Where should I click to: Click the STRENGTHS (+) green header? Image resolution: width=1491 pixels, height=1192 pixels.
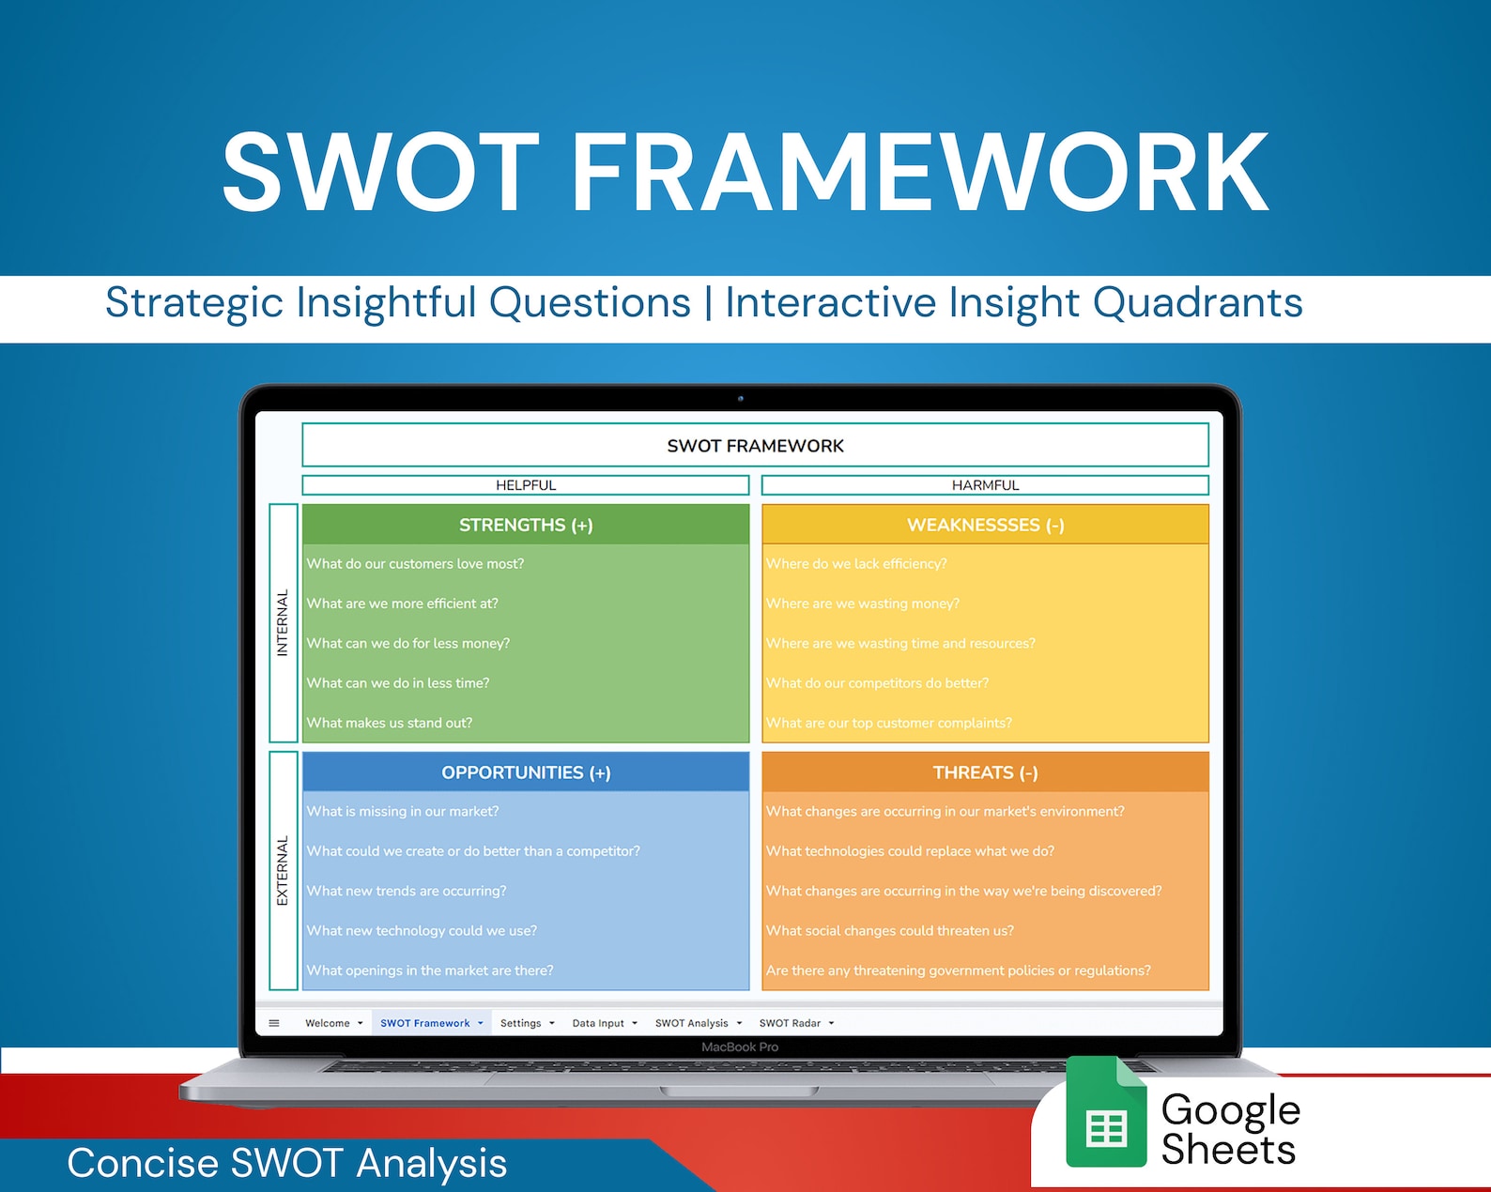(x=526, y=525)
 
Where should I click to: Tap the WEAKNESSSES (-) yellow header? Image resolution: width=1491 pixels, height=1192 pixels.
(x=985, y=525)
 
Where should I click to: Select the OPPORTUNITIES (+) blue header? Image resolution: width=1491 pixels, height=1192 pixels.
(x=526, y=772)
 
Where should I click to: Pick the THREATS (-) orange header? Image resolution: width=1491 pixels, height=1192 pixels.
(x=985, y=772)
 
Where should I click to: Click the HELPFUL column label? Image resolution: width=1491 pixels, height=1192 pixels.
(x=526, y=485)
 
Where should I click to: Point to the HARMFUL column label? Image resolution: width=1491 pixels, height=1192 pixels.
(x=985, y=485)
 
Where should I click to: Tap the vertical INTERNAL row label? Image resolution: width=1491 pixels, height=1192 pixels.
(x=283, y=622)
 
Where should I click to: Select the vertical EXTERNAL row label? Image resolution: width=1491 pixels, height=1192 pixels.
(x=283, y=871)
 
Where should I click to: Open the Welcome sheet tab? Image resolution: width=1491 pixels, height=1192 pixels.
(x=328, y=1023)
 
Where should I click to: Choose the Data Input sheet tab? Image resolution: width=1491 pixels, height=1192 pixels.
(x=598, y=1023)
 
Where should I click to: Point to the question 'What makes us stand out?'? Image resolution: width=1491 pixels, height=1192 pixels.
(x=390, y=723)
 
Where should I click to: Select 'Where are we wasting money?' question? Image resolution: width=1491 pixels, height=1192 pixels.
(x=863, y=604)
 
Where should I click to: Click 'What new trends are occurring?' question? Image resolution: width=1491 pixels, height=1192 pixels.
(x=407, y=891)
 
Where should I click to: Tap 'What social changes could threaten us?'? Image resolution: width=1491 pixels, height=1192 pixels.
(x=890, y=931)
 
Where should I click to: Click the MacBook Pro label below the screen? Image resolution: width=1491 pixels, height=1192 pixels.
(x=740, y=1047)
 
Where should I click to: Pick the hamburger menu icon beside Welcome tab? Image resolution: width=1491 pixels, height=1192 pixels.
(x=274, y=1023)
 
